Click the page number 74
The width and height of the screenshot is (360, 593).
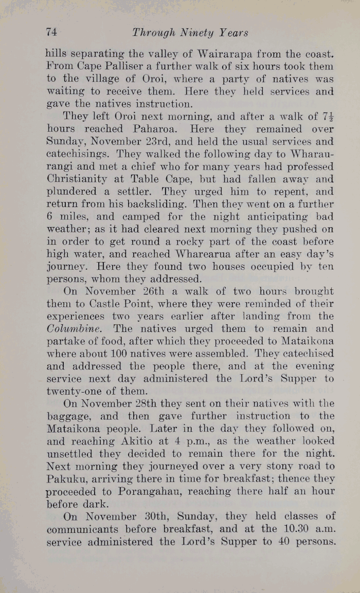tap(51, 32)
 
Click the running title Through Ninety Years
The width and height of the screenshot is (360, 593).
tap(190, 33)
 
